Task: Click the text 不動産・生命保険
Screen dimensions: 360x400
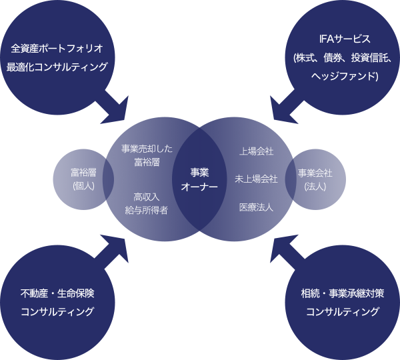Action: (x=57, y=293)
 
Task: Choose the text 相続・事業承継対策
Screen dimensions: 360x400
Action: (x=342, y=293)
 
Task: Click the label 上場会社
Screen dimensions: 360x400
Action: (x=256, y=151)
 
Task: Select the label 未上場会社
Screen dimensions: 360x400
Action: (x=256, y=179)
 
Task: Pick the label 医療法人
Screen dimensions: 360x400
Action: (x=256, y=207)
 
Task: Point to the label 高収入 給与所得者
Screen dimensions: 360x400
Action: (x=146, y=203)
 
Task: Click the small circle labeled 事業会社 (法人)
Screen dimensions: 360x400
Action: (x=317, y=179)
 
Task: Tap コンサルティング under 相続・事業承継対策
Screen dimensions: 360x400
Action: (x=342, y=311)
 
